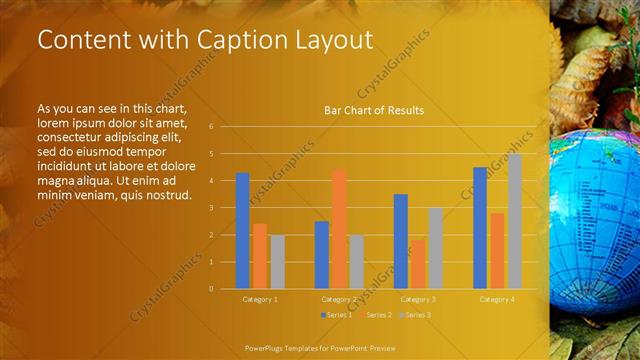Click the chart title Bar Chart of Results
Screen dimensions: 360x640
click(x=374, y=110)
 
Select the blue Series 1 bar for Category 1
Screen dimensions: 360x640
click(x=242, y=231)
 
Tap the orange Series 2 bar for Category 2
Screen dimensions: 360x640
click(x=339, y=229)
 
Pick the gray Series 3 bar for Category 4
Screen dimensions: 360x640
click(x=514, y=221)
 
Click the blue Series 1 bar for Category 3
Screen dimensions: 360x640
click(x=400, y=241)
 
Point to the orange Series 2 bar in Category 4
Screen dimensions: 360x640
click(x=497, y=250)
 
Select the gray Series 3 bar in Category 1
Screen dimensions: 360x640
click(x=277, y=261)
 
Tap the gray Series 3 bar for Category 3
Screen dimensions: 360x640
click(x=435, y=248)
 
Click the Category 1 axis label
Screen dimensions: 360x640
click(x=260, y=299)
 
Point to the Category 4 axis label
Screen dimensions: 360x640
click(x=497, y=299)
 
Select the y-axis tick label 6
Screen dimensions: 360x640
click(x=211, y=127)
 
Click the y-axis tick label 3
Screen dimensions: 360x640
click(x=211, y=208)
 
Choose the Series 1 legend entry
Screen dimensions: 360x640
click(x=337, y=315)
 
